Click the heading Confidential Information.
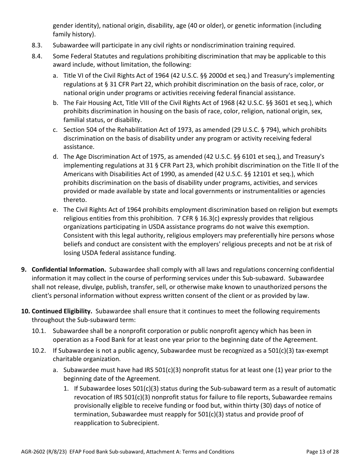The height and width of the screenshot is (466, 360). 69,270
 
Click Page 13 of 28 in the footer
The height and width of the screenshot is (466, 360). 322,452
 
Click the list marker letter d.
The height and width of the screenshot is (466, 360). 55,157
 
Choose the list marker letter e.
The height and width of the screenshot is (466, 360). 55,210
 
